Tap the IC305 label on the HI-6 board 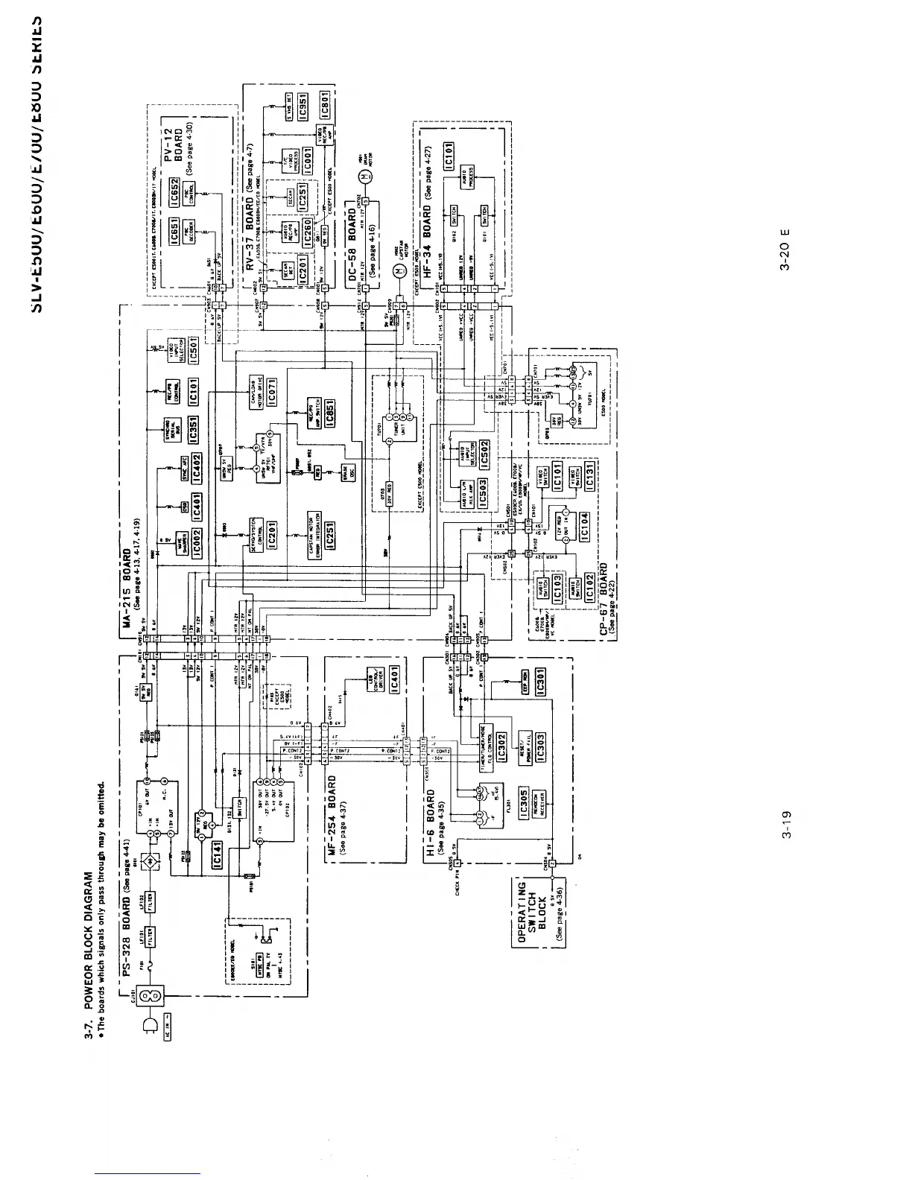point(524,801)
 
